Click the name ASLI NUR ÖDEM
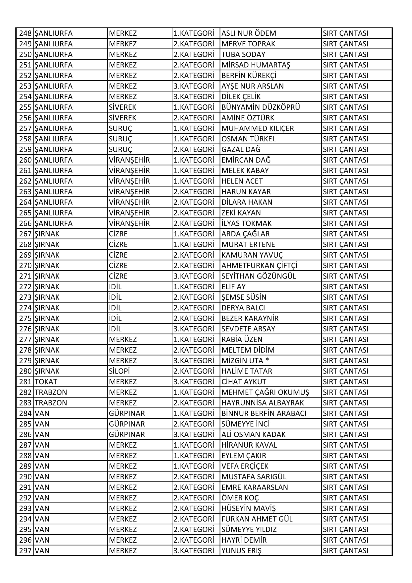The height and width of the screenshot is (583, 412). point(249,33)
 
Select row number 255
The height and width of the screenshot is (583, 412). point(25,107)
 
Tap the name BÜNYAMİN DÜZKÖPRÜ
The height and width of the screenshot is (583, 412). point(261,107)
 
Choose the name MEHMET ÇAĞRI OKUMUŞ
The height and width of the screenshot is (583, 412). point(265,392)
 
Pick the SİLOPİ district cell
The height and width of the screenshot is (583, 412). point(119,371)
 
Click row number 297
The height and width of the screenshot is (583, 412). point(25,551)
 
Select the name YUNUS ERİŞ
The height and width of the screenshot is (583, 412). point(241,551)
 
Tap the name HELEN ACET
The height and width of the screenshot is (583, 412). point(242,181)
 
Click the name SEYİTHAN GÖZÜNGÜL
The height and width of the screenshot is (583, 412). point(259,276)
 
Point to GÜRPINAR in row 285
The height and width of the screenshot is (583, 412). point(127,424)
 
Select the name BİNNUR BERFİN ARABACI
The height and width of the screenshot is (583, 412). point(264,413)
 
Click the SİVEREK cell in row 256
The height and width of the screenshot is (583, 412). point(123,118)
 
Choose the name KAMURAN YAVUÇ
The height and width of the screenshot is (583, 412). point(252,255)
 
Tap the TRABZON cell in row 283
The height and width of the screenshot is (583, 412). point(51,403)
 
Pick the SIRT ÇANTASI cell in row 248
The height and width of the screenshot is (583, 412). point(345,33)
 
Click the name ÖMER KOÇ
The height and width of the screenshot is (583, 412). point(240,498)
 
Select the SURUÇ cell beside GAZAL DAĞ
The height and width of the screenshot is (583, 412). point(121,150)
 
